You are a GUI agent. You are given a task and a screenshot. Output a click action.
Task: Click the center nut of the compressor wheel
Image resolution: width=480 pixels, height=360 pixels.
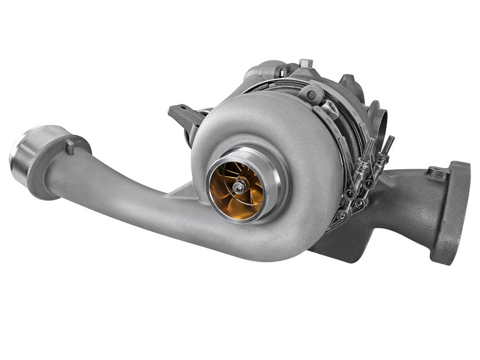pos(239,187)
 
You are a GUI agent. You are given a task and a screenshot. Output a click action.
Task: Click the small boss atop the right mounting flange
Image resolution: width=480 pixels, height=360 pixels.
pos(437,174)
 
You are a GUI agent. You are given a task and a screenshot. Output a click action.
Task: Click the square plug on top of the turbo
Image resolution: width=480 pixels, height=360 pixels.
pos(305,63)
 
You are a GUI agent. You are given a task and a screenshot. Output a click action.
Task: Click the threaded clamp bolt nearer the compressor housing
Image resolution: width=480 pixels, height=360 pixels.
pos(368,150)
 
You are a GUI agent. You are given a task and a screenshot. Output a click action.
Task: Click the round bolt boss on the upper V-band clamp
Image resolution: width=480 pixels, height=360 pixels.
pos(310,94)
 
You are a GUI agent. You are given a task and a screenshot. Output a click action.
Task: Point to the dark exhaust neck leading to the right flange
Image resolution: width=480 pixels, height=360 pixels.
pos(408,192)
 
